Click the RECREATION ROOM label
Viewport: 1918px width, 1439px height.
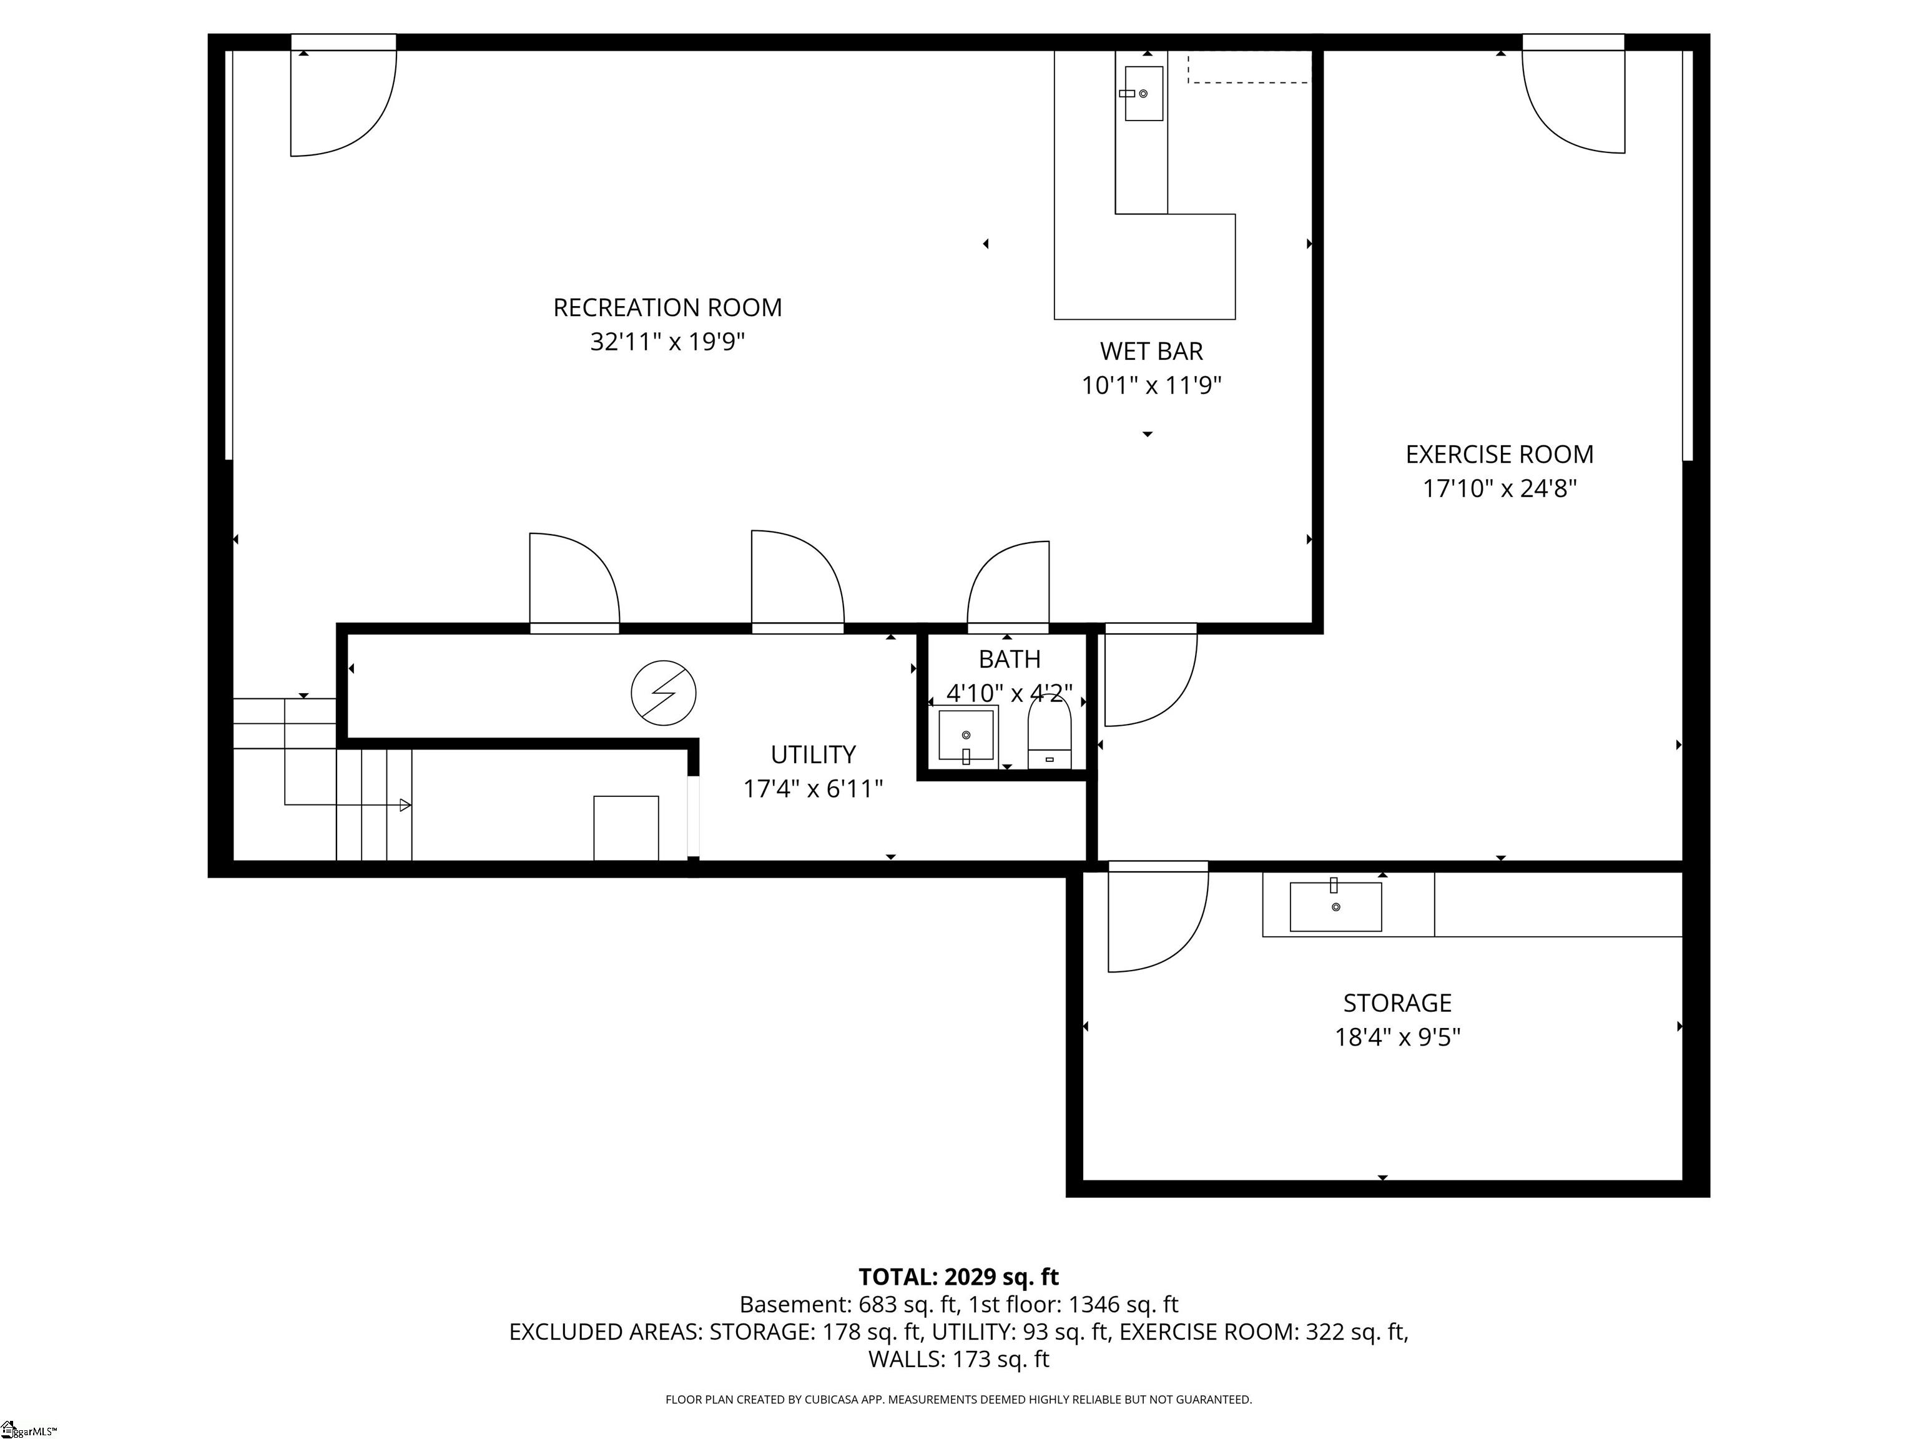pyautogui.click(x=667, y=308)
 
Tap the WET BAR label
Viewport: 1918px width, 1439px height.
pyautogui.click(x=1151, y=351)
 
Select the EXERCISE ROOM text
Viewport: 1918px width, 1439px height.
pyautogui.click(x=1499, y=455)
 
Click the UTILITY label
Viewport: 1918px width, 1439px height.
pyautogui.click(x=814, y=754)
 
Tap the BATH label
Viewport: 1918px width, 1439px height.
pyautogui.click(x=1010, y=659)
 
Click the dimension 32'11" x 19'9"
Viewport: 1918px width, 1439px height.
pyautogui.click(x=667, y=342)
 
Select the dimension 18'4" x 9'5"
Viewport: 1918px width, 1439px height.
pyautogui.click(x=1397, y=1037)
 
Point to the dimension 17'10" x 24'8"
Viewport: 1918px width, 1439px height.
pyautogui.click(x=1499, y=489)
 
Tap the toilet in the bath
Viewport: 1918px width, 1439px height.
pyautogui.click(x=1049, y=734)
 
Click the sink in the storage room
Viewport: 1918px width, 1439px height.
pyautogui.click(x=1335, y=906)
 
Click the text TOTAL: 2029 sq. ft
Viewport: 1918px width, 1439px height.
pyautogui.click(x=958, y=1277)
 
